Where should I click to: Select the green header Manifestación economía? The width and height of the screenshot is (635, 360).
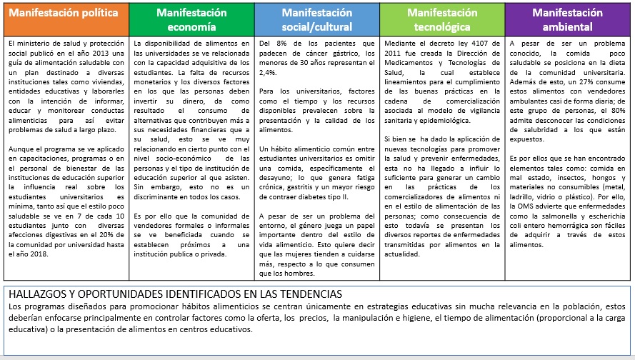[191, 20]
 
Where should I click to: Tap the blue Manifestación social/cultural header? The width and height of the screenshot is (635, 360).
[316, 20]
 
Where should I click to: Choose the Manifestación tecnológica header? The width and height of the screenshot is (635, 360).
[442, 20]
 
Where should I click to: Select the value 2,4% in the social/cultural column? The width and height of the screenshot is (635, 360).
[268, 72]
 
